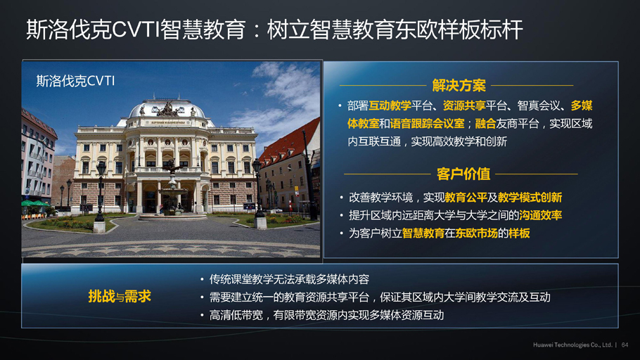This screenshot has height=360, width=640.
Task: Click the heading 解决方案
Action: [x=459, y=86]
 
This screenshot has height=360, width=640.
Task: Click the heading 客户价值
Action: [x=463, y=174]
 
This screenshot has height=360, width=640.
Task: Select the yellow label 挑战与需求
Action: [x=120, y=296]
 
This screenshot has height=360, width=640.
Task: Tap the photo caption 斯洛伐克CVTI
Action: [x=75, y=81]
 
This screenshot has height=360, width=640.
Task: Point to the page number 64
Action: [x=625, y=345]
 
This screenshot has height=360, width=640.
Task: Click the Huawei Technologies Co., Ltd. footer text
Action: [x=572, y=345]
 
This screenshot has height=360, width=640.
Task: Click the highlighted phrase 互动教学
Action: [x=390, y=105]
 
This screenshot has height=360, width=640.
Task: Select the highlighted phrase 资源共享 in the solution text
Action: [x=464, y=105]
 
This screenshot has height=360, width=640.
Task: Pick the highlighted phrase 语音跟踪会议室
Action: [x=427, y=123]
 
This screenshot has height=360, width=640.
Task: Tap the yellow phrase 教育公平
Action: [x=466, y=198]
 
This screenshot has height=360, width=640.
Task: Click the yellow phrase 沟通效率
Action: [x=540, y=215]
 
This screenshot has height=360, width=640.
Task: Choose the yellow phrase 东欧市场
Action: [x=476, y=233]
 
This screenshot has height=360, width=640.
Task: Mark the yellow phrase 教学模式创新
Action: [x=530, y=198]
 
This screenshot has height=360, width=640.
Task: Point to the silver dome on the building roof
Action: [x=167, y=108]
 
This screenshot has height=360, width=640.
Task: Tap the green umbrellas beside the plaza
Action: [x=34, y=203]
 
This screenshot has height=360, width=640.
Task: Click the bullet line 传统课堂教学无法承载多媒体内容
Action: [x=289, y=279]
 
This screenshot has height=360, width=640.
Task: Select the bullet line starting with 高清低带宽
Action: [x=326, y=315]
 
